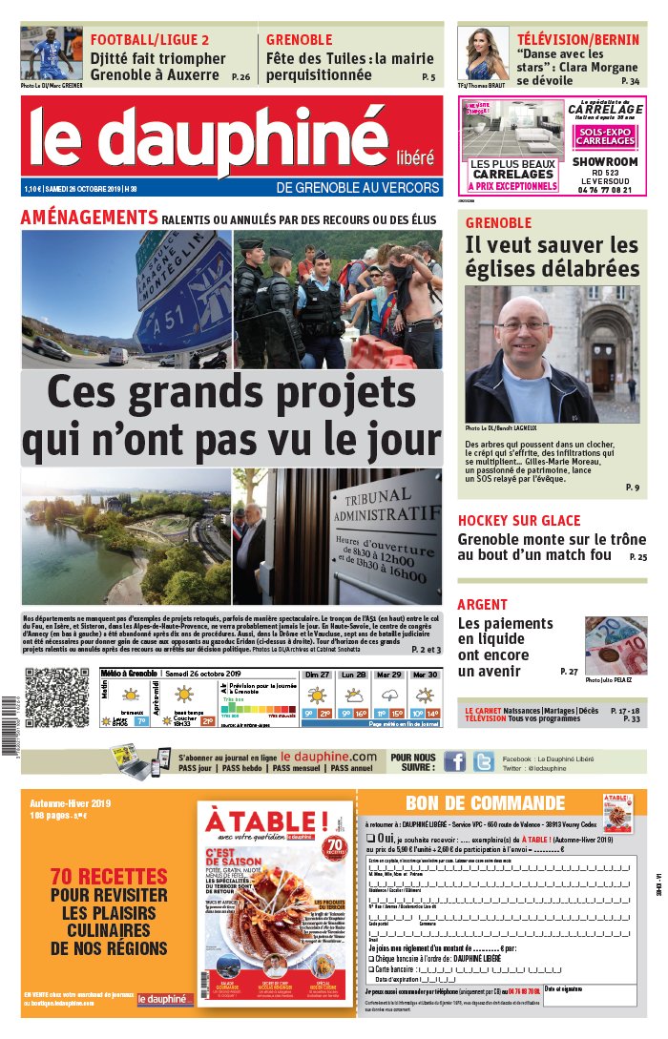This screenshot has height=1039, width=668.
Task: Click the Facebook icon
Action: (x=455, y=761)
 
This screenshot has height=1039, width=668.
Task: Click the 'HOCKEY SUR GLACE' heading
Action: (x=519, y=520)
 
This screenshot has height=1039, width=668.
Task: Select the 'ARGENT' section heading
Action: (x=483, y=604)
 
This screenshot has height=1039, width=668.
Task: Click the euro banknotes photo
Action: (x=615, y=645)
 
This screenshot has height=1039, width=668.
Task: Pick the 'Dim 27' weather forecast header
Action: (x=318, y=675)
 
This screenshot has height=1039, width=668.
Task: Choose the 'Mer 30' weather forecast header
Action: (x=424, y=675)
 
